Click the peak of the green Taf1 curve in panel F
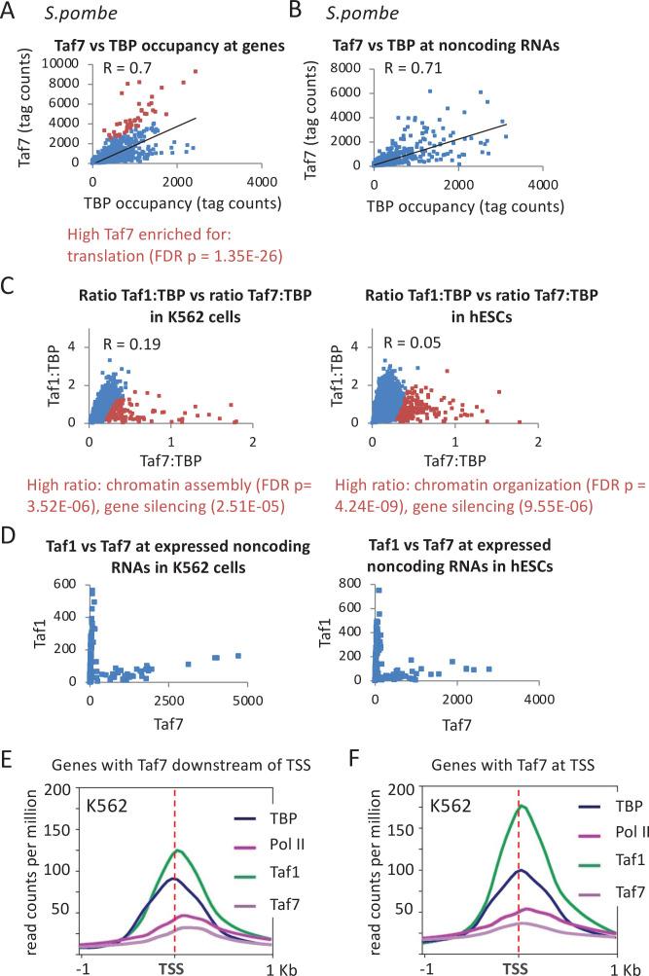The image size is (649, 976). coord(523,806)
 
